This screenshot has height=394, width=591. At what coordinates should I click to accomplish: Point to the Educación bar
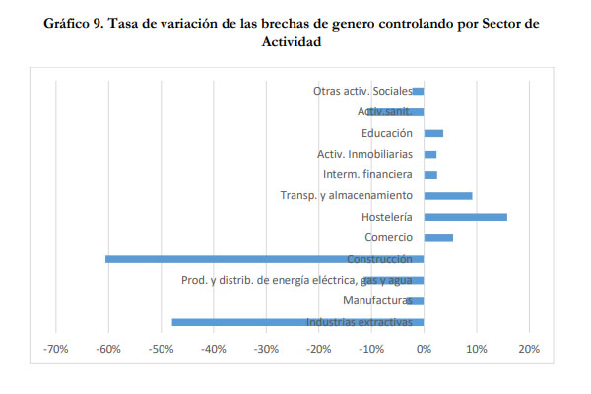[433, 133]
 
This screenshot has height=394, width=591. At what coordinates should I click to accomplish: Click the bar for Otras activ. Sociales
[418, 91]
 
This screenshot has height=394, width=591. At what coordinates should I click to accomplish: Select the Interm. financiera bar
[430, 175]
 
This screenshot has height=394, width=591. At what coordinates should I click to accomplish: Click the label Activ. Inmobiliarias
[364, 154]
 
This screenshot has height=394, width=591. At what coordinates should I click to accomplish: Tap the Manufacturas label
[376, 300]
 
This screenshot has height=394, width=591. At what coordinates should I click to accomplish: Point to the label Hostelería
[385, 217]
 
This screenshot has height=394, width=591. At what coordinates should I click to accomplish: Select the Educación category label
[386, 133]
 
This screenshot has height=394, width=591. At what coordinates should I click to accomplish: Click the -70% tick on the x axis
[56, 349]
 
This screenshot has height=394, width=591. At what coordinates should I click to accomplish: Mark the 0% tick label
[424, 349]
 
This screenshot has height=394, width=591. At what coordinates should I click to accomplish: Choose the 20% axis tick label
[528, 349]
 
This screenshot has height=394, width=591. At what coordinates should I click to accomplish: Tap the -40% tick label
[214, 349]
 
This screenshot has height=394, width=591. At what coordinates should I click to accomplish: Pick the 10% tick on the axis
[476, 349]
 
